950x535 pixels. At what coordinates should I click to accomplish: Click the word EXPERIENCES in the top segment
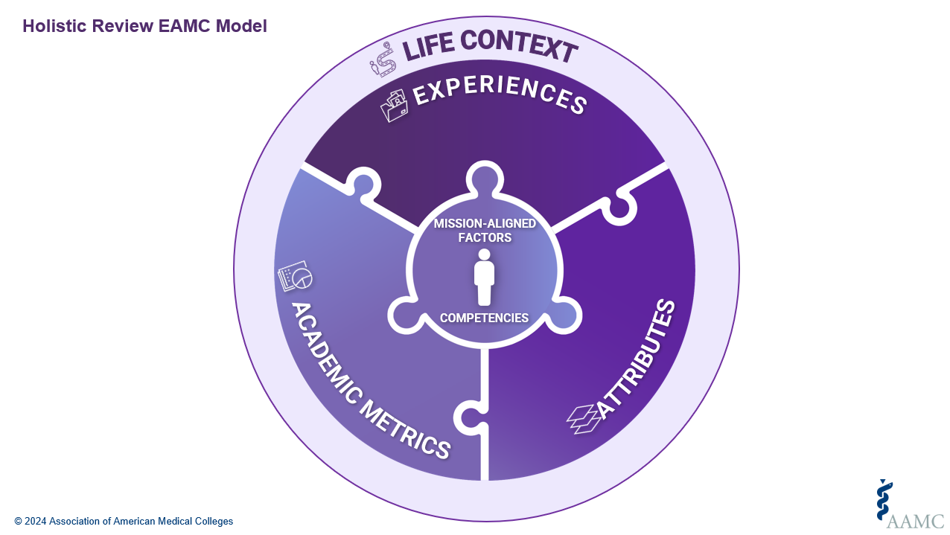pyautogui.click(x=499, y=94)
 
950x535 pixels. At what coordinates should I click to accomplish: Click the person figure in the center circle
pyautogui.click(x=485, y=277)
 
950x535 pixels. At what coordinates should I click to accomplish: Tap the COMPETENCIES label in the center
pyautogui.click(x=484, y=318)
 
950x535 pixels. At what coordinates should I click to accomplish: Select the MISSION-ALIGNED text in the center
pyautogui.click(x=485, y=224)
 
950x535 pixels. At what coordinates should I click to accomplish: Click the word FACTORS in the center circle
pyautogui.click(x=485, y=238)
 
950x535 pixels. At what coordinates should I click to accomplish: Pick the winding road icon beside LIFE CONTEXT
pyautogui.click(x=383, y=60)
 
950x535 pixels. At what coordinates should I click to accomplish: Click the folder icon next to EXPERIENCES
pyautogui.click(x=394, y=105)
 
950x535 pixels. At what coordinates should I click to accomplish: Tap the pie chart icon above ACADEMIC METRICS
pyautogui.click(x=295, y=276)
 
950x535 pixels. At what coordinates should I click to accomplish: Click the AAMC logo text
pyautogui.click(x=915, y=520)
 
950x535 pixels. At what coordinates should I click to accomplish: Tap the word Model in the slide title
pyautogui.click(x=242, y=26)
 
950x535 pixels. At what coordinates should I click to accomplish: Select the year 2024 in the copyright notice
pyautogui.click(x=35, y=522)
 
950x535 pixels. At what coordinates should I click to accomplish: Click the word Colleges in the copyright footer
pyautogui.click(x=213, y=522)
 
